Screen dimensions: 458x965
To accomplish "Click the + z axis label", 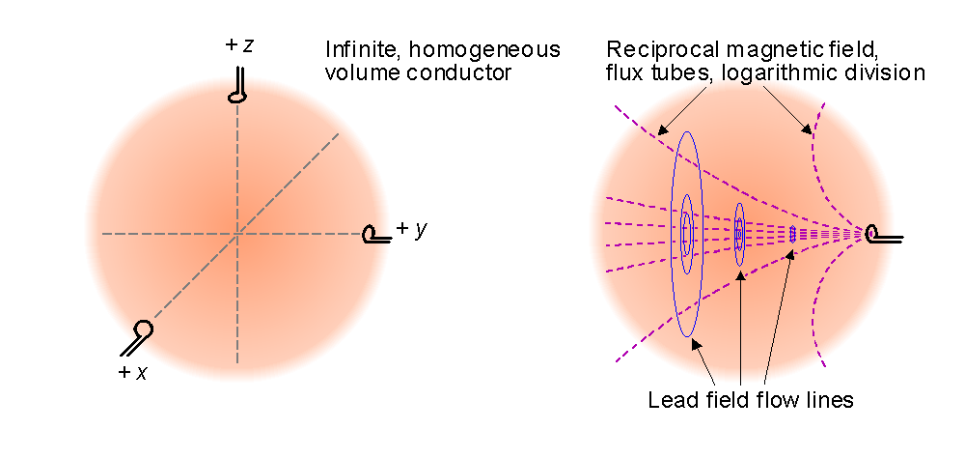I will tap(239, 45).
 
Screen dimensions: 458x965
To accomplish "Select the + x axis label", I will tap(133, 372).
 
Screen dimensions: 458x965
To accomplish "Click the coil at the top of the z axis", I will tap(237, 85).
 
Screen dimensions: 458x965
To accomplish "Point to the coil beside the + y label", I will tap(374, 234).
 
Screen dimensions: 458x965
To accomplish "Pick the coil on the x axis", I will tap(138, 335).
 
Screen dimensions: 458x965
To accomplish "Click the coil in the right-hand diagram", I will tap(880, 233).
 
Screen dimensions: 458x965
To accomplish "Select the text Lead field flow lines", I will tap(751, 400).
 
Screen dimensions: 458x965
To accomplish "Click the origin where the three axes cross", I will tap(237, 233).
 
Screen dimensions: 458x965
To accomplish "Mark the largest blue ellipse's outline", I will tap(673, 232).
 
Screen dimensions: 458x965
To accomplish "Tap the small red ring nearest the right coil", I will tap(792, 233).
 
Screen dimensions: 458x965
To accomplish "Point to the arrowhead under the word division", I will tap(808, 129).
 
